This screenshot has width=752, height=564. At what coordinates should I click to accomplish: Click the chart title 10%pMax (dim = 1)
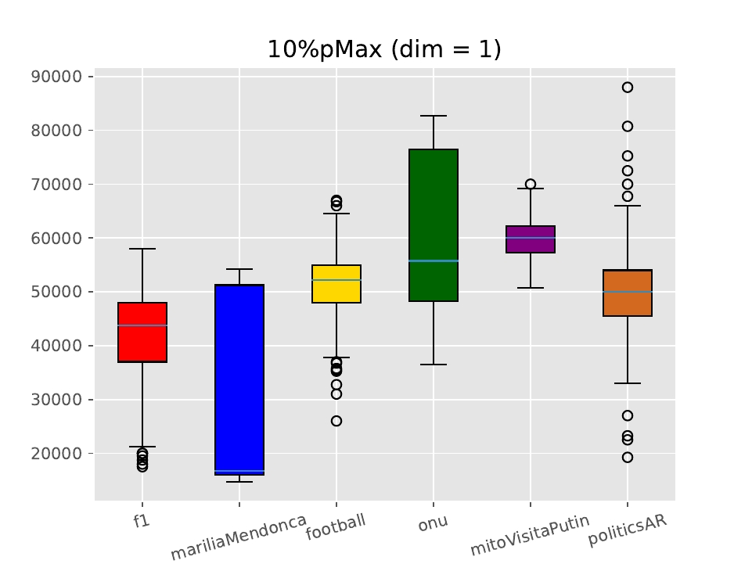[384, 49]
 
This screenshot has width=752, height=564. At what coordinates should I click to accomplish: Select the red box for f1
[142, 332]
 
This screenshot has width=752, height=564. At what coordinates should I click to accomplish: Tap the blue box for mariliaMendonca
[239, 379]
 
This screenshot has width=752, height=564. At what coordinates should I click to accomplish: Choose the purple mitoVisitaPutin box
[531, 239]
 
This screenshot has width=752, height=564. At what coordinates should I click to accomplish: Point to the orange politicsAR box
[628, 293]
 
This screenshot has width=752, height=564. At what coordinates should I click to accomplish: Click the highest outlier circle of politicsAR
[628, 88]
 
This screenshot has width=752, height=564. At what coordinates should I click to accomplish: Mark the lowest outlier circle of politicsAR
[628, 458]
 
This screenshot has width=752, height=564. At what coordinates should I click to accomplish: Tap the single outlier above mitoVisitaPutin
[531, 185]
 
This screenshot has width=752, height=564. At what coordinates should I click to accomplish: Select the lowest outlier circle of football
[336, 421]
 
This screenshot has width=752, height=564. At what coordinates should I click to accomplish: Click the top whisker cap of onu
[434, 116]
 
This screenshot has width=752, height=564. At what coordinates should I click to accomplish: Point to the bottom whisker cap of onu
[434, 365]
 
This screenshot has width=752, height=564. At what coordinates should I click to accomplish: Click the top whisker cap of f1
[142, 249]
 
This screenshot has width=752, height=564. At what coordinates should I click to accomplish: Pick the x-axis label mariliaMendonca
[239, 538]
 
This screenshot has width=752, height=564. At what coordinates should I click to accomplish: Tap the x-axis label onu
[433, 523]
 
